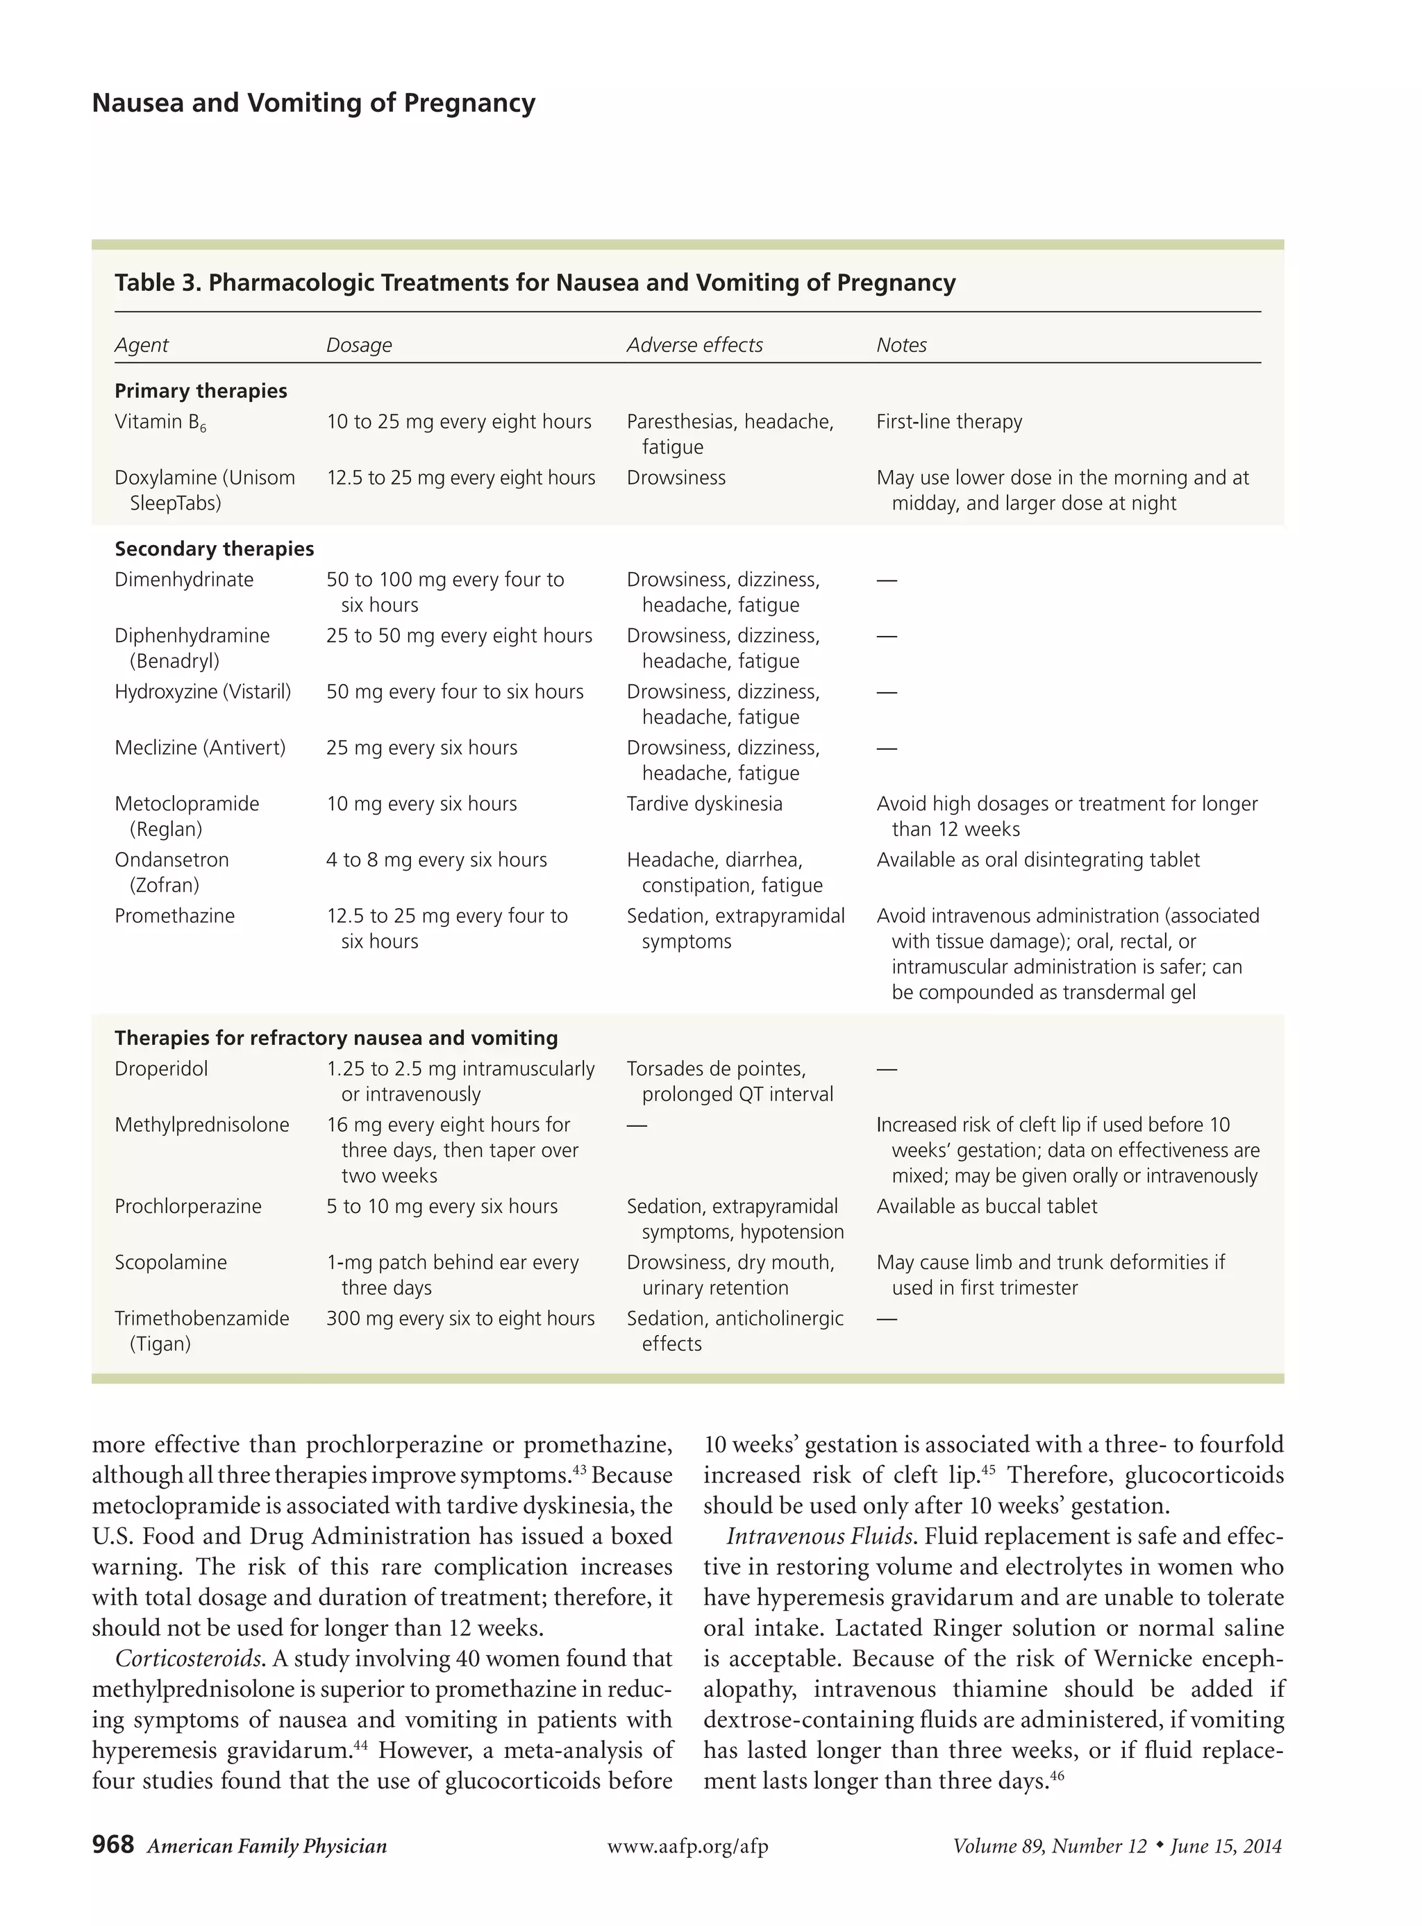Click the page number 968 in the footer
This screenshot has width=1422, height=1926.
[112, 1844]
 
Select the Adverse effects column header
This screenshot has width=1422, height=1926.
[694, 345]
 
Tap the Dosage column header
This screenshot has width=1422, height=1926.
[359, 345]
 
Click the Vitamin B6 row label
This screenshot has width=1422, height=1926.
[160, 421]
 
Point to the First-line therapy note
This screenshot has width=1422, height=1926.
[948, 421]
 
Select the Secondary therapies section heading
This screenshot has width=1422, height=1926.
[215, 549]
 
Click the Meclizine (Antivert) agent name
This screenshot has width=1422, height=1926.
[200, 748]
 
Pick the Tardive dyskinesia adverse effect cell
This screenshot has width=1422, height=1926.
[704, 804]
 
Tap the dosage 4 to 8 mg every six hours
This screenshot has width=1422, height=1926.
[437, 860]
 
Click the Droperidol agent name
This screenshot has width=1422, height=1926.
[161, 1069]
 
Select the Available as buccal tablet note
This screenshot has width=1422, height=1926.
[987, 1207]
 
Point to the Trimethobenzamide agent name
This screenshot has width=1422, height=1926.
[201, 1318]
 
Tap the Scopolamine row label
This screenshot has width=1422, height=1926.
[170, 1262]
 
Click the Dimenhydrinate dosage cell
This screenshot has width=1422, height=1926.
[444, 592]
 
